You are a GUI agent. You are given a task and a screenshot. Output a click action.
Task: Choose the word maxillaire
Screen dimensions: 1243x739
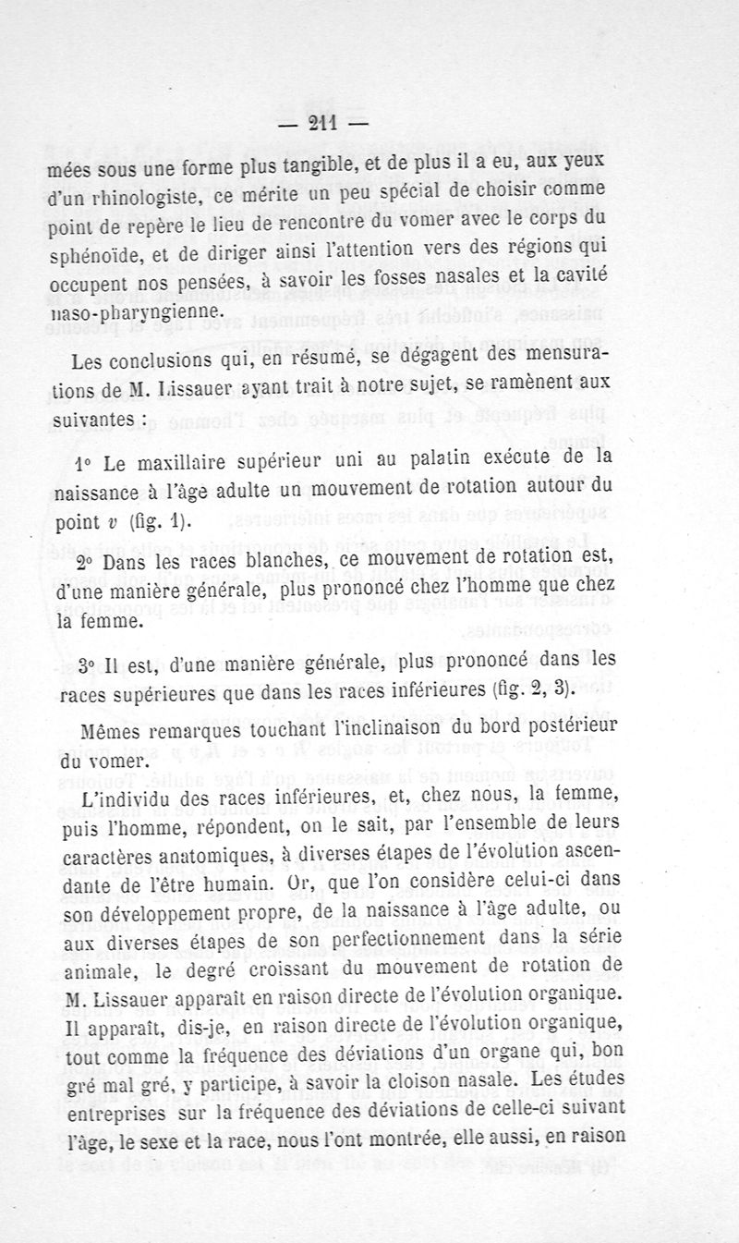coord(188,461)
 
